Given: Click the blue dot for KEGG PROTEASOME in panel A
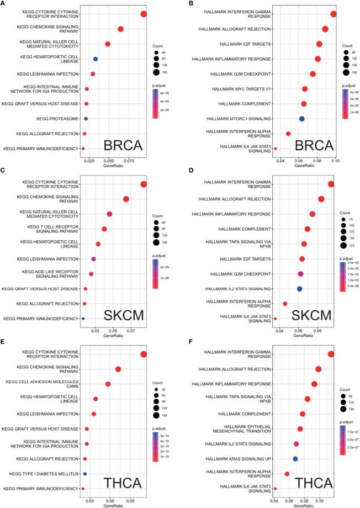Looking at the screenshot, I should coord(86,118).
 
